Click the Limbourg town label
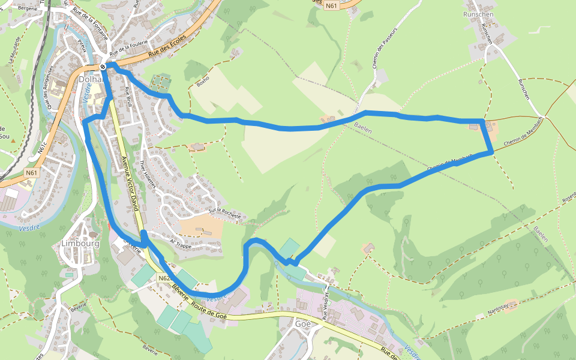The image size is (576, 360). [80, 244]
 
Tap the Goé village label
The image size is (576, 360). [303, 323]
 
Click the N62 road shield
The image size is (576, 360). [165, 279]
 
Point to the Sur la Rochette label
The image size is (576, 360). [224, 213]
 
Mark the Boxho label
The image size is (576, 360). [203, 80]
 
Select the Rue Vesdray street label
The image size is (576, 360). [327, 307]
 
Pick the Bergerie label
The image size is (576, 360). [28, 8]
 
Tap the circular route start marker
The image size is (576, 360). [103, 66]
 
